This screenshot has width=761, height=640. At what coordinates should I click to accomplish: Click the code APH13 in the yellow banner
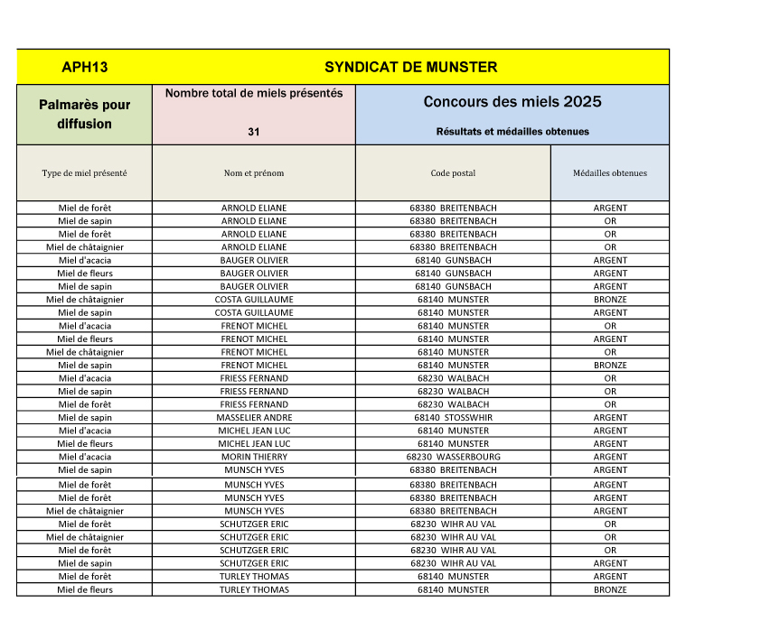coord(85,67)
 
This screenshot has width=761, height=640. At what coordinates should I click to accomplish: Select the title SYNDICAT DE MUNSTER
coord(410,67)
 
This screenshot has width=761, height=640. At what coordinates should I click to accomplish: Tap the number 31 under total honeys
coord(254,132)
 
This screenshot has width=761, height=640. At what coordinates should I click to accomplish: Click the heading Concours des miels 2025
coord(512,101)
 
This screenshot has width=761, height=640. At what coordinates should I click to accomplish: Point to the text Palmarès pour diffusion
coord(84,114)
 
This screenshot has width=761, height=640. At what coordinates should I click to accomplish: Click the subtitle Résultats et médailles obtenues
coord(512,132)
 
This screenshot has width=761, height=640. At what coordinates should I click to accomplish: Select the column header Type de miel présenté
coord(84,173)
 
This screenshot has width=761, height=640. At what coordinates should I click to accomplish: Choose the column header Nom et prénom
coord(254,173)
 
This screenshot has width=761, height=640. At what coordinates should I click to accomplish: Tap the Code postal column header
coord(453,173)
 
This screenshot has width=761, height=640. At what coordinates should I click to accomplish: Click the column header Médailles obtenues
coord(610,173)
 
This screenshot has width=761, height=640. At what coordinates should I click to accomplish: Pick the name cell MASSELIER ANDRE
coord(254,418)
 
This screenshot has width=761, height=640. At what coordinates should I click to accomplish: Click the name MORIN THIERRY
coord(254,457)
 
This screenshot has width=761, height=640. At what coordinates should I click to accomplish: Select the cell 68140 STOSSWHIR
coord(453,418)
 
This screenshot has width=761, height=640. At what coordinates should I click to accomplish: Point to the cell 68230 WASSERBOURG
coord(453,457)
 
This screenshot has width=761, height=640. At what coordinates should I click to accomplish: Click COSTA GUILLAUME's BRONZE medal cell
coord(610,300)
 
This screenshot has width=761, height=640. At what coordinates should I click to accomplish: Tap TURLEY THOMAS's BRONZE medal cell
coord(610,590)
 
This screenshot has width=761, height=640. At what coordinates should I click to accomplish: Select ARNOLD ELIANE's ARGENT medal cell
coord(610,208)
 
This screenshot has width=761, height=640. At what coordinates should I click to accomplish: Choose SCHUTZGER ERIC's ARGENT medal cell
coord(610,563)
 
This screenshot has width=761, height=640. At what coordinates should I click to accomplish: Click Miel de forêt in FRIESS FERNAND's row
coord(84,404)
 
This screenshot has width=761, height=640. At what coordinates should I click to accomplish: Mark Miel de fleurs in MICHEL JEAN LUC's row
coord(84,444)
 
